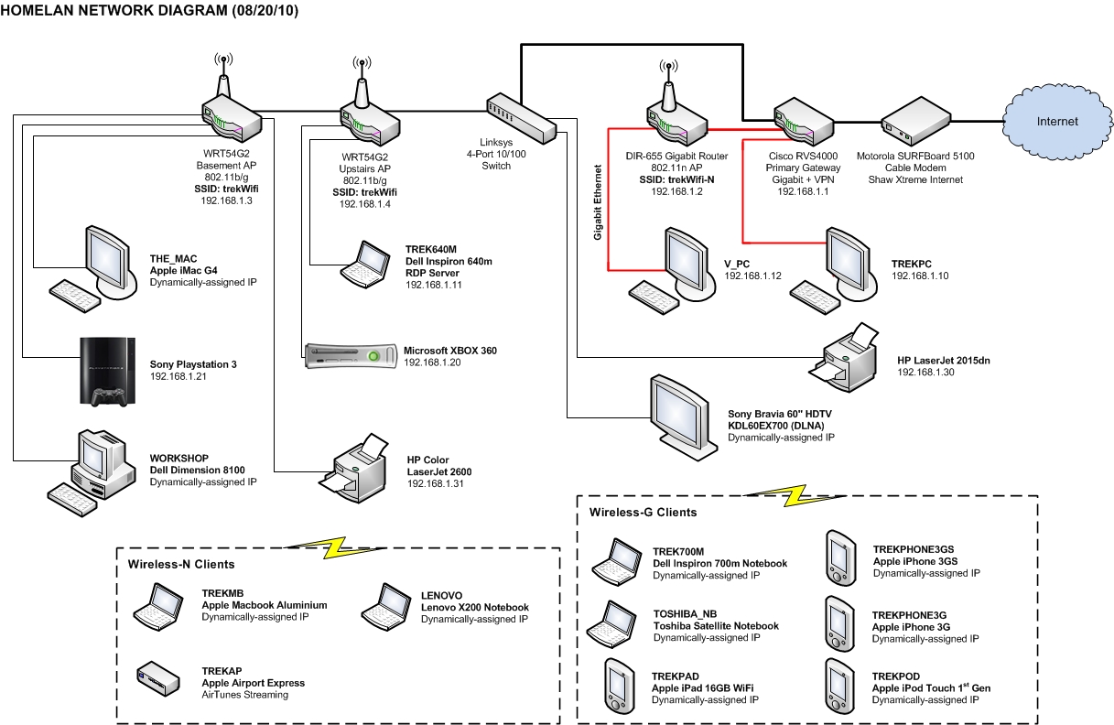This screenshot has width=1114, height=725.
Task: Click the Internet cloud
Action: (1056, 122)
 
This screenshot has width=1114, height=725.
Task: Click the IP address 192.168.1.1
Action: (802, 191)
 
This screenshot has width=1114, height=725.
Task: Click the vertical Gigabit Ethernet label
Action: (598, 202)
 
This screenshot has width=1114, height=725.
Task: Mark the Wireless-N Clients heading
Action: (181, 564)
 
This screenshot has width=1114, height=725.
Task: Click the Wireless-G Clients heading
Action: (643, 512)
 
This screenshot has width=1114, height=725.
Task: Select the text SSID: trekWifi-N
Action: (676, 180)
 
